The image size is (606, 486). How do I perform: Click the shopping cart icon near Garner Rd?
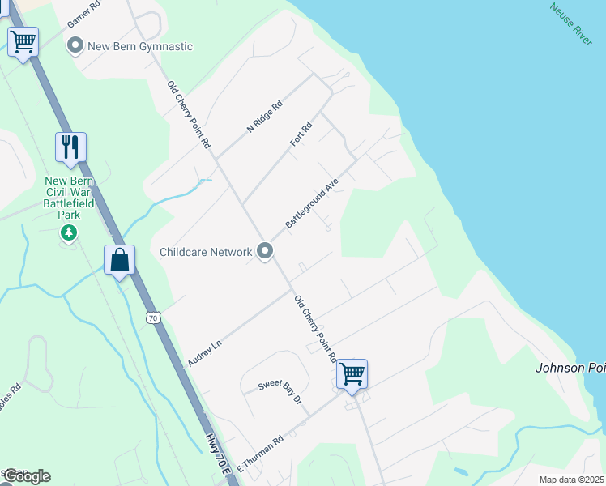[23, 41]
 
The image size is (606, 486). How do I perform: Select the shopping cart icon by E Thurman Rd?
[352, 373]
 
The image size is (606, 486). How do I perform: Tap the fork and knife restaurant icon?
[70, 147]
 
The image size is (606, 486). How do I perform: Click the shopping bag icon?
[119, 260]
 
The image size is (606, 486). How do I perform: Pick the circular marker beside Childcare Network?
[265, 252]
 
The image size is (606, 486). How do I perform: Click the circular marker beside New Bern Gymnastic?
[75, 46]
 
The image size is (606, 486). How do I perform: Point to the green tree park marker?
[70, 234]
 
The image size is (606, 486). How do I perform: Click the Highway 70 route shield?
[153, 318]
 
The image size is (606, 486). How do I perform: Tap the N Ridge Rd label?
[264, 117]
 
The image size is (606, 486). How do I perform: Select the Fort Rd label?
[301, 134]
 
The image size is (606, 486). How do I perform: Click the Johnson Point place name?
[570, 368]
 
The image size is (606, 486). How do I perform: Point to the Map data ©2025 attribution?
[571, 480]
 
